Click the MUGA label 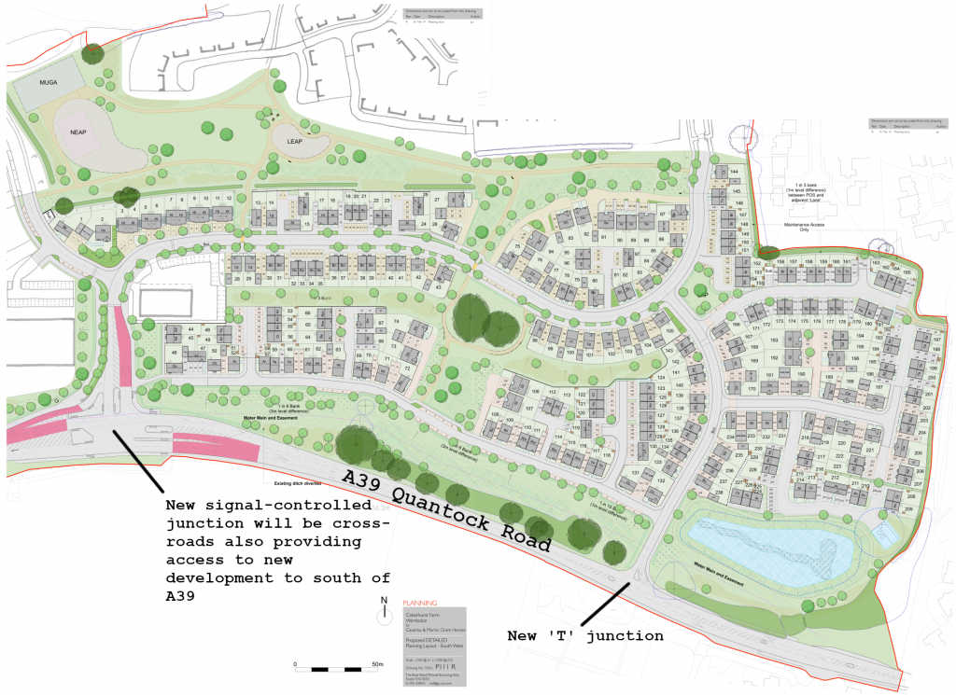point(48,83)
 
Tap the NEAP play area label point(78,133)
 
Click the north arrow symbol point(384,612)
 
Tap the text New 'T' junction point(585,636)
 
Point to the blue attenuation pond point(766,546)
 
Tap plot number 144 point(734,173)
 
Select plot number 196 point(856,358)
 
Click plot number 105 point(669,331)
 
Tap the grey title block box point(433,645)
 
